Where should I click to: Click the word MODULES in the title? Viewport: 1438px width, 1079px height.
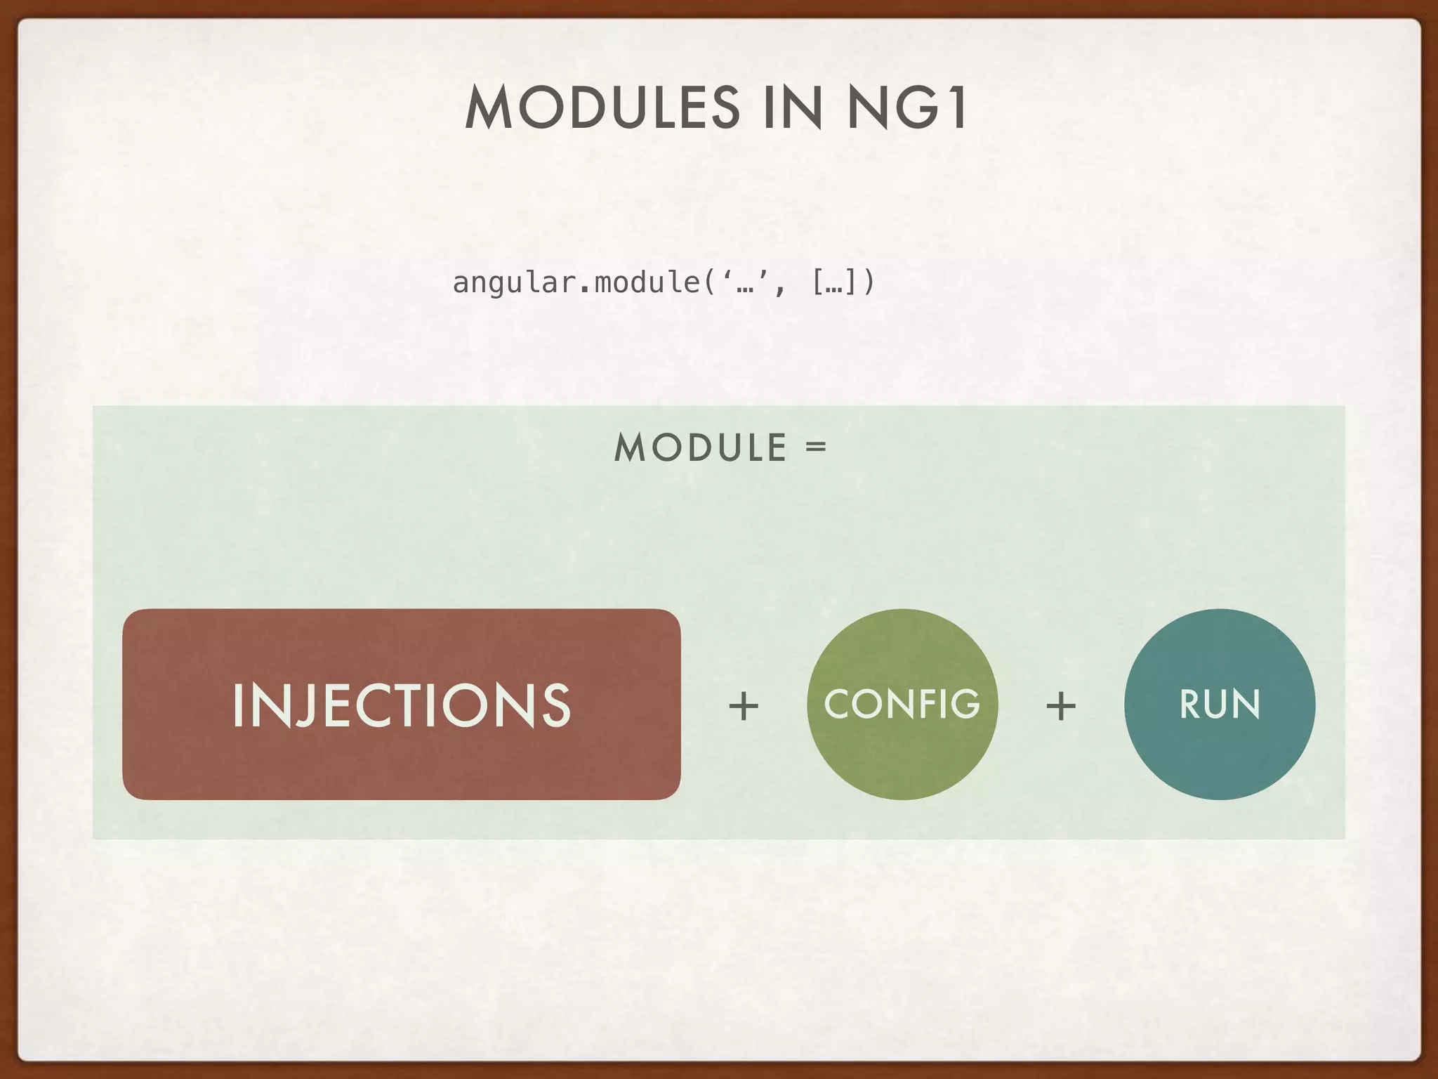click(602, 107)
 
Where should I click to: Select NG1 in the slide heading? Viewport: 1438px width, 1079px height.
click(908, 107)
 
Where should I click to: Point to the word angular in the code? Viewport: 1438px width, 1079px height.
click(515, 283)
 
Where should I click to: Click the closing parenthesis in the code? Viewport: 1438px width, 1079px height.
click(869, 282)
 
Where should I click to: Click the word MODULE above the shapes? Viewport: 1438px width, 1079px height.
click(700, 448)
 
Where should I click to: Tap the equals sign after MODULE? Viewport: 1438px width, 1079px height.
click(816, 447)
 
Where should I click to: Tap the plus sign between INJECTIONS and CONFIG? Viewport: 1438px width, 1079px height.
click(744, 706)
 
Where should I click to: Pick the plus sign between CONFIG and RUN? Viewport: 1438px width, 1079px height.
click(1061, 706)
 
